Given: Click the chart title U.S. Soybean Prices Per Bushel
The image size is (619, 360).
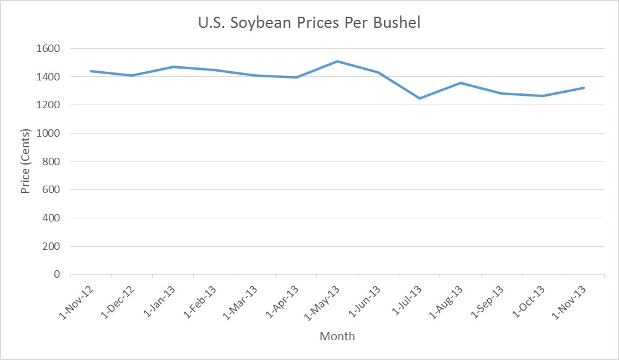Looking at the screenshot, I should pos(309,23).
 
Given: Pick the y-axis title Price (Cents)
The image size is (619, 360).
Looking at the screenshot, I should pos(25,161).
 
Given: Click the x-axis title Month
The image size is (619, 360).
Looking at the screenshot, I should pos(337,336).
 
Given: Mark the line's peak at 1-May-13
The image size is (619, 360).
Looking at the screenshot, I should pos(337,61).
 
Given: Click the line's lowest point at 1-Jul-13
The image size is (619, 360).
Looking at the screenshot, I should pos(420,98).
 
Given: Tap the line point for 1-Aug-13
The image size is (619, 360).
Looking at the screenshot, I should pos(461,83).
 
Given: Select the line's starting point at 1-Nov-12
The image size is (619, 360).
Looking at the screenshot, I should pos(91,71).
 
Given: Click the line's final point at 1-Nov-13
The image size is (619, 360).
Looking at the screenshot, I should pos(584,88).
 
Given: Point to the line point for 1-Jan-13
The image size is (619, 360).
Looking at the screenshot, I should pos(173,67).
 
